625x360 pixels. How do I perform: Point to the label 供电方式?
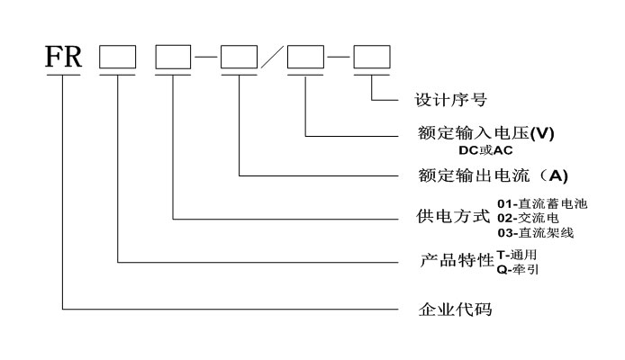click(x=454, y=218)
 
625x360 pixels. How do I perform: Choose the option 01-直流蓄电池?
click(x=541, y=204)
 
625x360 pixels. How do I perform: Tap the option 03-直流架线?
click(x=535, y=233)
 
